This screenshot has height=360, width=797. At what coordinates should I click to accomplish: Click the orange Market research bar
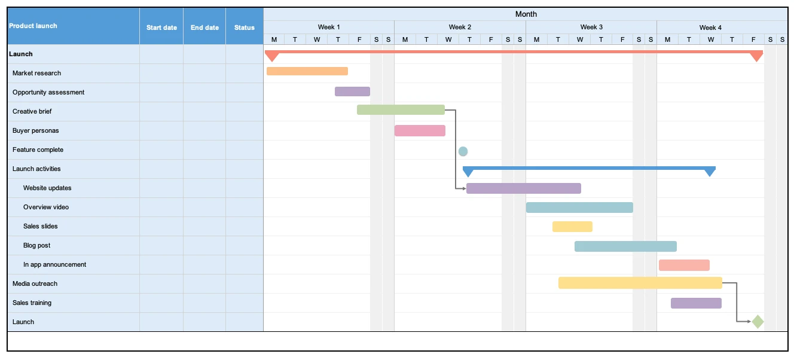coord(307,71)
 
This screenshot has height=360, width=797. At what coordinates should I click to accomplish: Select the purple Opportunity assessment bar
coord(352,91)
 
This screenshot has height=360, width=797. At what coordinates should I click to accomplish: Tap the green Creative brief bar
coord(401,109)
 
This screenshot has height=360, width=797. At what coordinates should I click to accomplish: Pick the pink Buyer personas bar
coord(420,130)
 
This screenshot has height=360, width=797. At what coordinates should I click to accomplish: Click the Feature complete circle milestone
coord(463,151)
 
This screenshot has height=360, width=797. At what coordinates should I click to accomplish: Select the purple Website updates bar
coord(523,188)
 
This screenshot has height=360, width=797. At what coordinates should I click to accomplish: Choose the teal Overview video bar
coord(579,208)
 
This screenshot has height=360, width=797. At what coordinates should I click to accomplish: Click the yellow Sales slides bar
coord(572,227)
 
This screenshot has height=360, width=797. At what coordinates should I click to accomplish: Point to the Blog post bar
coord(625,246)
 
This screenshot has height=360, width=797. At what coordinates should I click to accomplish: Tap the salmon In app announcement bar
coord(684,265)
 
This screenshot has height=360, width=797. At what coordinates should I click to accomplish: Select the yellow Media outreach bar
coord(640,283)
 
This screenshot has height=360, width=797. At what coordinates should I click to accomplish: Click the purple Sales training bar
coord(696,303)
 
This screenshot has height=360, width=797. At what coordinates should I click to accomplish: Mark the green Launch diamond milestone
coord(758,322)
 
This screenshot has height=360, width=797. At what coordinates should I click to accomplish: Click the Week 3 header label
coord(591,28)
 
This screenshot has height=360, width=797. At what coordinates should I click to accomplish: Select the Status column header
coord(245,28)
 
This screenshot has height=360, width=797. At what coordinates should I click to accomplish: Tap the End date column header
coord(204,28)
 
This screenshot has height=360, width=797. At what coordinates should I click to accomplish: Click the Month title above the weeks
coord(526,14)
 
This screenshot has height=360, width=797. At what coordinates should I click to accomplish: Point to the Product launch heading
coord(33,26)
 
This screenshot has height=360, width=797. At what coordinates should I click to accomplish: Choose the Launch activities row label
coord(36,169)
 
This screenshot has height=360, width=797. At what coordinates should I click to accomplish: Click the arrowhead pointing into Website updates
coord(464,188)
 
